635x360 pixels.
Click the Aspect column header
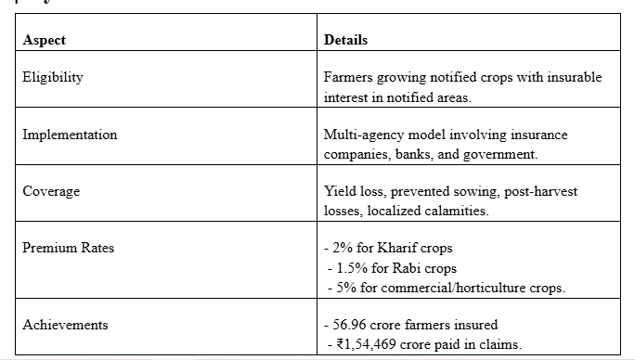[x=45, y=40]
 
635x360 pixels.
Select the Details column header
[x=346, y=40]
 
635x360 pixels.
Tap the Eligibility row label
[x=53, y=77]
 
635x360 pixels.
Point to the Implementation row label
[x=70, y=135]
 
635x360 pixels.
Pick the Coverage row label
[x=51, y=191]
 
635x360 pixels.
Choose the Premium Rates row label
[x=69, y=248]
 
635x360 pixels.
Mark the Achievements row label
[x=65, y=325]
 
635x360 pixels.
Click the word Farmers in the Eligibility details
[x=348, y=77]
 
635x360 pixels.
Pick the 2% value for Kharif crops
[x=343, y=248]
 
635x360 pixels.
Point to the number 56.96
[x=349, y=325]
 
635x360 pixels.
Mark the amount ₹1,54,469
[x=366, y=344]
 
